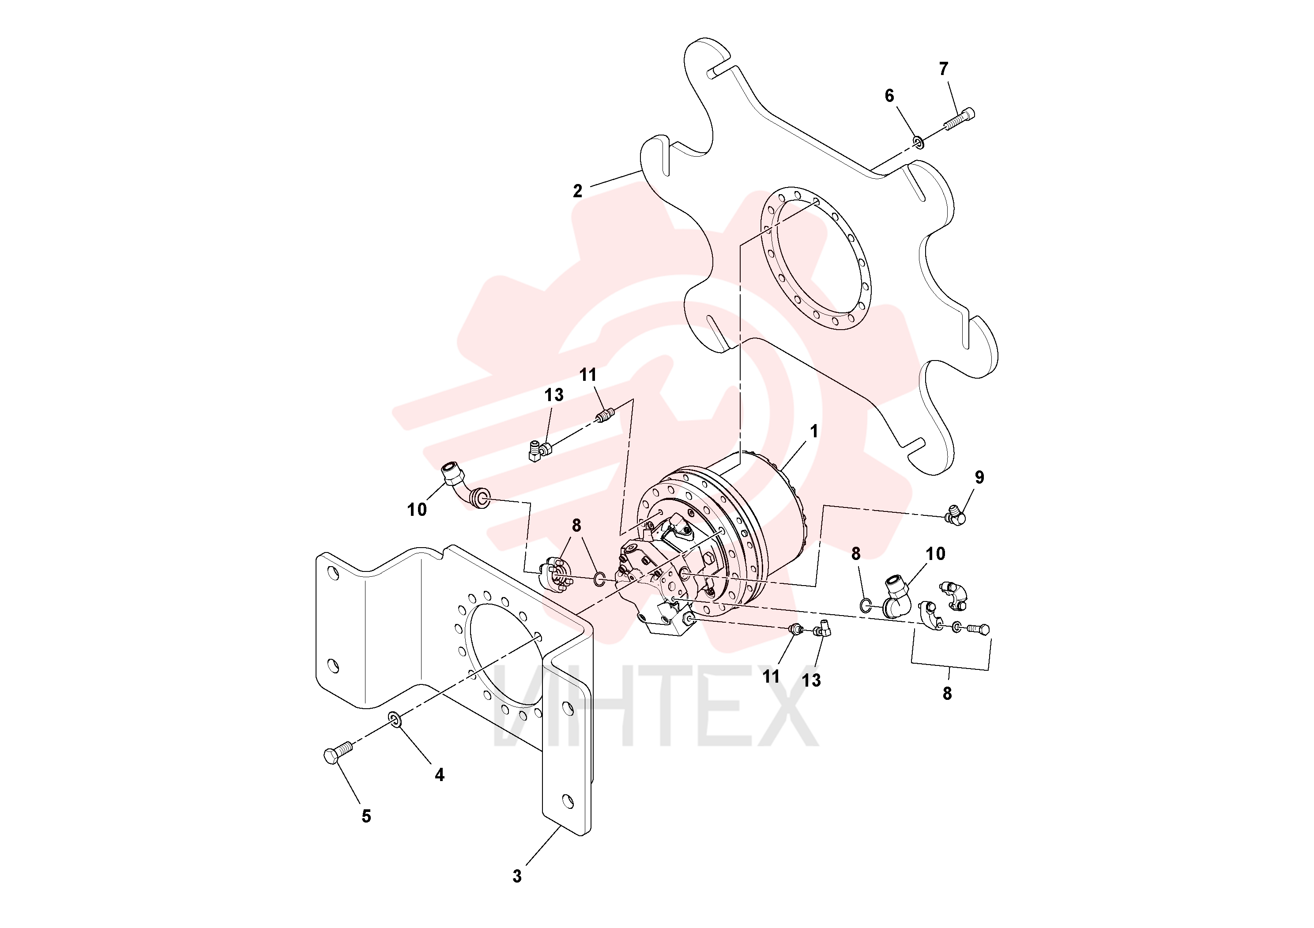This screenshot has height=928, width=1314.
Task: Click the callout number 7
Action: coord(944,69)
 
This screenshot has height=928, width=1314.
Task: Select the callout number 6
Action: coord(889,96)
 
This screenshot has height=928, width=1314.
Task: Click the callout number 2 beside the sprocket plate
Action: coord(577,191)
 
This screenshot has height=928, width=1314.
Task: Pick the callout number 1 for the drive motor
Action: coord(814,432)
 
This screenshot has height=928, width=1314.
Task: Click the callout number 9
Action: coord(979,477)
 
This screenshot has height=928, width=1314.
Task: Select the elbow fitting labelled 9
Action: coord(955,515)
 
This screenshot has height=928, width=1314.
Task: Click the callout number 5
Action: coord(366,816)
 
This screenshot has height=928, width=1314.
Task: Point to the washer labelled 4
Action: coord(394,718)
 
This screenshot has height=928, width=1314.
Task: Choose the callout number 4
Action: coord(440,775)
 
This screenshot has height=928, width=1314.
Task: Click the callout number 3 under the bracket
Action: coord(517,876)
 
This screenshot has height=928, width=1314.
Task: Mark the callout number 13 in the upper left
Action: coord(553,395)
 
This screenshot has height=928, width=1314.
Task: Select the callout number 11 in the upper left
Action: coord(588,375)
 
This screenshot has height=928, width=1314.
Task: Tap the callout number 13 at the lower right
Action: coord(811,680)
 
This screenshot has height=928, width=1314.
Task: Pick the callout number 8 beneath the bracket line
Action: coord(947,693)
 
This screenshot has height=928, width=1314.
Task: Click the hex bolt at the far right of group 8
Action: coord(979,630)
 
